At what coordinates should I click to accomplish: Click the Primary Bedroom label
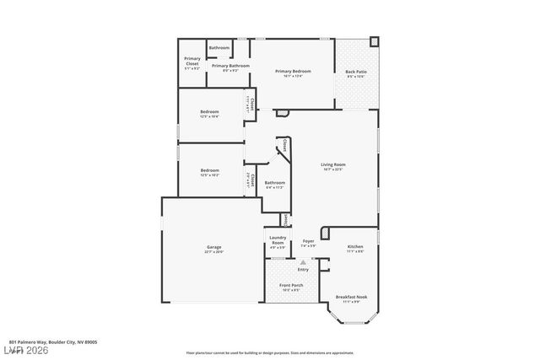pyautogui.click(x=293, y=71)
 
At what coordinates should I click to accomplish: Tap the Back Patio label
pyautogui.click(x=355, y=72)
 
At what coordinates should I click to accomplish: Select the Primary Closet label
pyautogui.click(x=192, y=60)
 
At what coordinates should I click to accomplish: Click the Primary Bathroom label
pyautogui.click(x=230, y=66)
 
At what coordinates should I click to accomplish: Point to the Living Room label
pyautogui.click(x=332, y=164)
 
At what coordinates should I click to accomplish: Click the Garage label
pyautogui.click(x=214, y=247)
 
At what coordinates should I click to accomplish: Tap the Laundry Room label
pyautogui.click(x=278, y=240)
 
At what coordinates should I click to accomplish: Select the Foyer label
pyautogui.click(x=308, y=241)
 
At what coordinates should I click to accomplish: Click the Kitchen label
pyautogui.click(x=355, y=246)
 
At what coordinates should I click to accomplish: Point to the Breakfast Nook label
pyautogui.click(x=350, y=297)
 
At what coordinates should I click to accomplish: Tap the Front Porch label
pyautogui.click(x=291, y=285)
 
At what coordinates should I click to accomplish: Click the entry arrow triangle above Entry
pyautogui.click(x=302, y=262)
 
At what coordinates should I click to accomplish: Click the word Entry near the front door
pyautogui.click(x=302, y=269)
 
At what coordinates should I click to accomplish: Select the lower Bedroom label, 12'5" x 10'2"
pyautogui.click(x=209, y=171)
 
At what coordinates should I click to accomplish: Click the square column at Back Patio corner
pyautogui.click(x=375, y=40)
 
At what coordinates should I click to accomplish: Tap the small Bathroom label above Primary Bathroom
pyautogui.click(x=219, y=47)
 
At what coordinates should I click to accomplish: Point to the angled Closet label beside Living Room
pyautogui.click(x=284, y=145)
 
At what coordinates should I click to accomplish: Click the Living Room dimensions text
pyautogui.click(x=332, y=169)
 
